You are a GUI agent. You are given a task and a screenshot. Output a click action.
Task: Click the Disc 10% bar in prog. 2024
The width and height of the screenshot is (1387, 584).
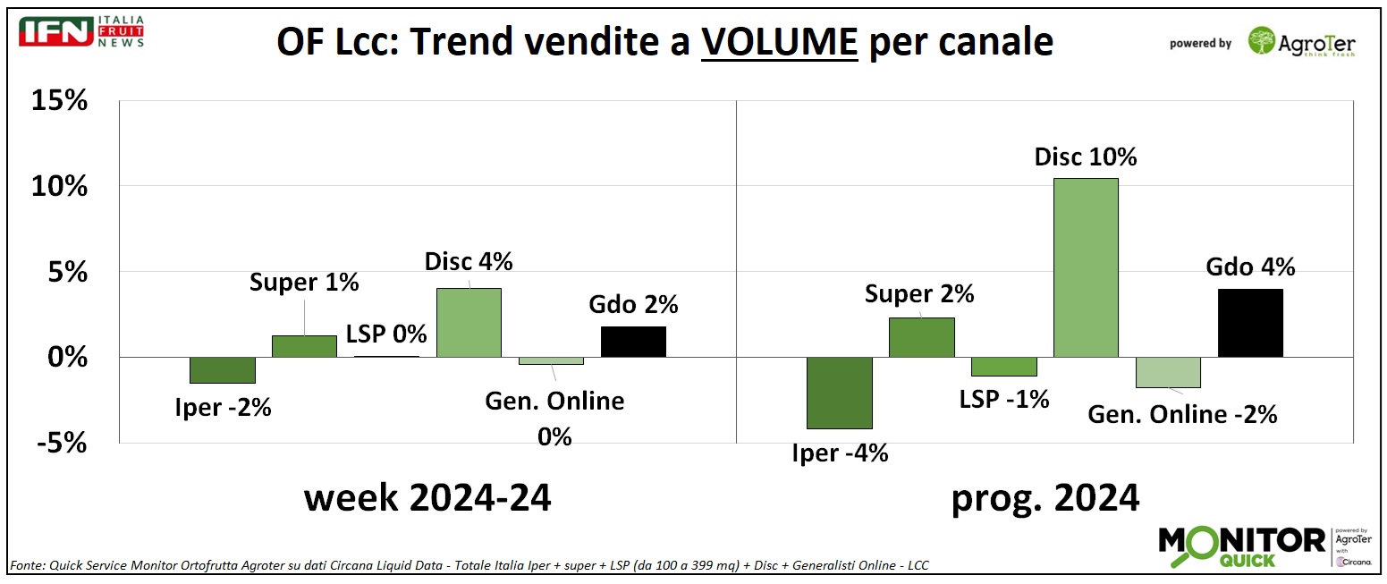point(1086,267)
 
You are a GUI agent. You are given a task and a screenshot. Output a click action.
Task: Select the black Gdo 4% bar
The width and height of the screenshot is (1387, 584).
point(1250,323)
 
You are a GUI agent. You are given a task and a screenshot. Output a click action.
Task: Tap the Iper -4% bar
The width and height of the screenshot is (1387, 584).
point(839,393)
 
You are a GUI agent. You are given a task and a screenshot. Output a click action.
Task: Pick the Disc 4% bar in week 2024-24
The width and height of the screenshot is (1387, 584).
point(469,323)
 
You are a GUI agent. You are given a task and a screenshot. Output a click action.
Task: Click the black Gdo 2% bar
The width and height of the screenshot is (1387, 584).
point(633,342)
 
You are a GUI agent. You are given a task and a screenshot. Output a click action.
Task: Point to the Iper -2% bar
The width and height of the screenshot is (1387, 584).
point(223,369)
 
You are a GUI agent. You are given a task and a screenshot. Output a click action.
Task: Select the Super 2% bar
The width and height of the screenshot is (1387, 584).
point(921,337)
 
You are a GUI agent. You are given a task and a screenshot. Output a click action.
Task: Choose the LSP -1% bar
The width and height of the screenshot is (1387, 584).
point(1003,367)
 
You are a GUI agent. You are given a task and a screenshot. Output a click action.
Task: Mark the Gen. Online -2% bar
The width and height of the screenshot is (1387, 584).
point(1168,372)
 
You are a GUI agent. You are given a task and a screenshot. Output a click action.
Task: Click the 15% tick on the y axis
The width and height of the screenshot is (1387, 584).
point(59,101)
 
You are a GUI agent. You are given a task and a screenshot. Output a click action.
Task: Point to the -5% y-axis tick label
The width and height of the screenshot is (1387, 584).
point(59,443)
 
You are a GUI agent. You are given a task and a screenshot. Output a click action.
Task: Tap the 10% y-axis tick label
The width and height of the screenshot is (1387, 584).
point(59,187)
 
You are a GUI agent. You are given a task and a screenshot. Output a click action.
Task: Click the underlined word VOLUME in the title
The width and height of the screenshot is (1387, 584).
point(779,41)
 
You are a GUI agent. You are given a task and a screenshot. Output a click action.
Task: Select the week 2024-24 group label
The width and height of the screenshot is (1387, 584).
point(427,497)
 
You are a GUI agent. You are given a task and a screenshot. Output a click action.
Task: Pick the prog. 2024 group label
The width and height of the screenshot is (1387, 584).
point(1044,497)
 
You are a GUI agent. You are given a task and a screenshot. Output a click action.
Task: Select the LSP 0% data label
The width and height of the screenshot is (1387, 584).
point(385,335)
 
